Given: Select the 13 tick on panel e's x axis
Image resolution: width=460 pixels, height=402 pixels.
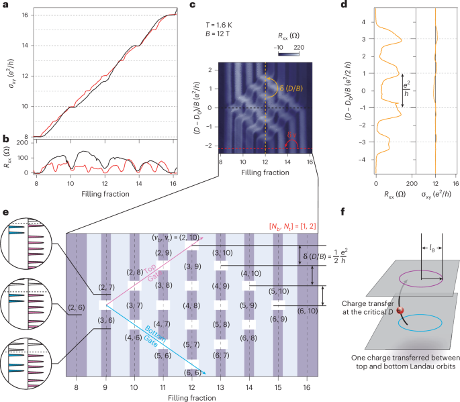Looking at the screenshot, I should coord(220,387).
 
